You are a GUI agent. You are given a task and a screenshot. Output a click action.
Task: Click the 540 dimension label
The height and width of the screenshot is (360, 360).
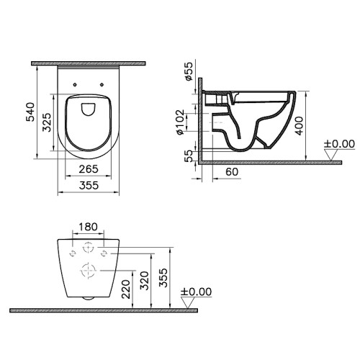[30, 112]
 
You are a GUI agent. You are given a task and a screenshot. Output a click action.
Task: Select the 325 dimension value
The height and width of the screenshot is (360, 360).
[47, 122]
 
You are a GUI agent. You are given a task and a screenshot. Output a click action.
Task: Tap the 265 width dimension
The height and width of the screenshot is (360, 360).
[89, 169]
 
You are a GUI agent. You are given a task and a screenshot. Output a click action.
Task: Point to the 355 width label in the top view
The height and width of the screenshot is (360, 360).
[89, 185]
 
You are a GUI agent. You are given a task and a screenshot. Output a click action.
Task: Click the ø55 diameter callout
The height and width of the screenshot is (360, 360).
[189, 71]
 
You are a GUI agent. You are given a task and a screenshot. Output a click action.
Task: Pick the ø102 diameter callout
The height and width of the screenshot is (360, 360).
[180, 122]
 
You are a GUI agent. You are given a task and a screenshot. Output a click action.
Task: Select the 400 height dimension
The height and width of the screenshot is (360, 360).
[299, 126]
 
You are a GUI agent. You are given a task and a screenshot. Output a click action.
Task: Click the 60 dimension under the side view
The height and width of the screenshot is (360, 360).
[232, 172]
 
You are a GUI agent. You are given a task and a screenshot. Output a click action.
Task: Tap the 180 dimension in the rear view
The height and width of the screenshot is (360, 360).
[88, 227]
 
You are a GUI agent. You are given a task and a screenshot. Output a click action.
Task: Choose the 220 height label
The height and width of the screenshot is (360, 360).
[126, 289]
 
